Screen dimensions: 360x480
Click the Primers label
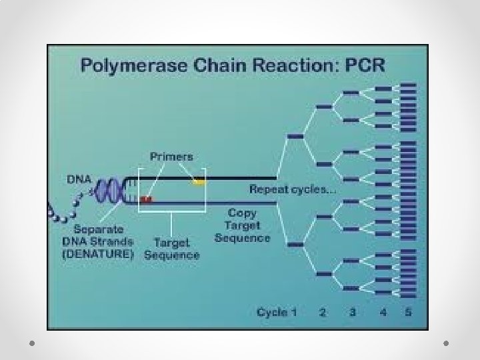[x=171, y=157]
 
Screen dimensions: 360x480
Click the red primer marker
[x=146, y=199]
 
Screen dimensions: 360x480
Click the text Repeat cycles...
[x=292, y=189]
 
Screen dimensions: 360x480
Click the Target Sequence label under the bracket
[x=171, y=249]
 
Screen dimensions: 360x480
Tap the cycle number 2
[x=323, y=312]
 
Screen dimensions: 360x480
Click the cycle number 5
[x=409, y=312]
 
